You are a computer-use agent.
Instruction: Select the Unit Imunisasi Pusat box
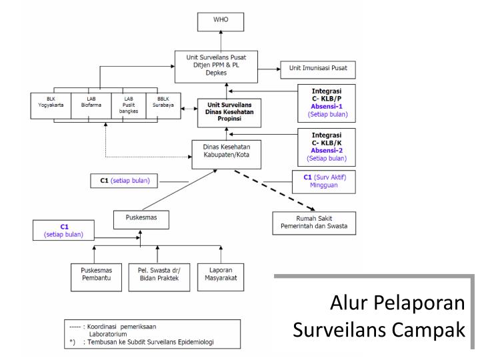pyautogui.click(x=317, y=68)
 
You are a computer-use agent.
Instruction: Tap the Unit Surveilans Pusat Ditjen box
pyautogui.click(x=225, y=66)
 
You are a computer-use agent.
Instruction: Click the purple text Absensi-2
pyautogui.click(x=327, y=151)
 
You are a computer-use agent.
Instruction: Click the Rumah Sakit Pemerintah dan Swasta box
pyautogui.click(x=313, y=223)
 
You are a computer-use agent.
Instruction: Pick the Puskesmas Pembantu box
pyautogui.click(x=93, y=276)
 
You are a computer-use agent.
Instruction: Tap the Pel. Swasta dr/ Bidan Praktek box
pyautogui.click(x=157, y=276)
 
